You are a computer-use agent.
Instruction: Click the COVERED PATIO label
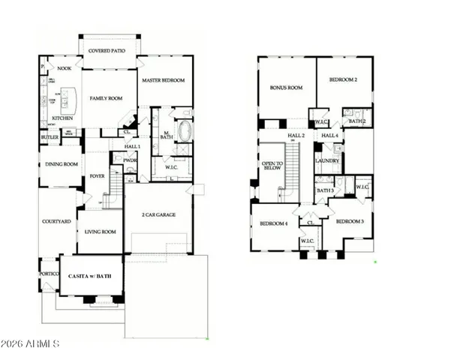point(109,51)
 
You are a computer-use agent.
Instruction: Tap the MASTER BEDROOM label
point(164,80)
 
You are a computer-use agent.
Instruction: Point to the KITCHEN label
point(62,118)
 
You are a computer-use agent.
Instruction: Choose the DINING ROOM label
point(62,164)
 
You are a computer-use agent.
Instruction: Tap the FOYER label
point(97,177)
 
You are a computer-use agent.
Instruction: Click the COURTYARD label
point(57,222)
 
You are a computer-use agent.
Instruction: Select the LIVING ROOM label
point(99,232)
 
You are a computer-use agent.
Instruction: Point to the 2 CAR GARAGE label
point(158,214)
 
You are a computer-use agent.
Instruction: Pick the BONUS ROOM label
point(286,88)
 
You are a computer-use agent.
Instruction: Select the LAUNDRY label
point(327,160)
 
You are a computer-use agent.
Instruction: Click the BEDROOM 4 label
point(274,224)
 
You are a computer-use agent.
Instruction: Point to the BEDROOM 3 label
point(350,222)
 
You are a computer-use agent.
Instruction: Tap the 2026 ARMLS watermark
point(30,344)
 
